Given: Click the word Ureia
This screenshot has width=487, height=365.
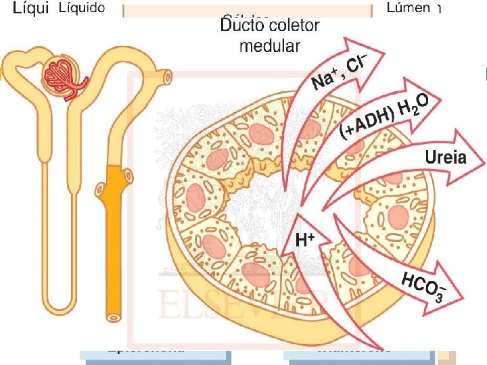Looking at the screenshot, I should [446, 158].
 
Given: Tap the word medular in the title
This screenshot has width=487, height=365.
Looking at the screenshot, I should [269, 46].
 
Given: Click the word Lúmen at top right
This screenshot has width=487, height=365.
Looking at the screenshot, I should [408, 8].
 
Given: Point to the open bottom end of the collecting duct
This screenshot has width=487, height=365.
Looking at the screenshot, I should [113, 316].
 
